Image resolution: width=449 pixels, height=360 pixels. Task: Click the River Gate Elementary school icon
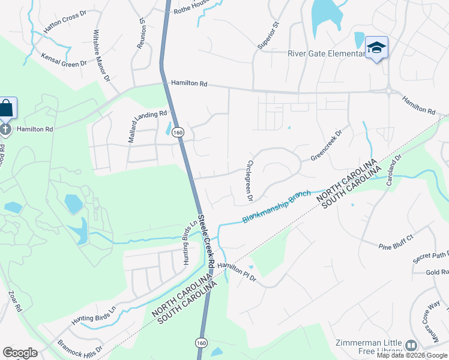pyautogui.click(x=376, y=47)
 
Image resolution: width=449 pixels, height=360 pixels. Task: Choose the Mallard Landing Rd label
pyautogui.click(x=146, y=126)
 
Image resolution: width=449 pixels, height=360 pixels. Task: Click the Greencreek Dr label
pyautogui.click(x=325, y=145)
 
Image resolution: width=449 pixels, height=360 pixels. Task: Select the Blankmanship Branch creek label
pyautogui.click(x=277, y=208)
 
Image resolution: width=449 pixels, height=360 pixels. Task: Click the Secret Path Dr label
pyautogui.click(x=431, y=256)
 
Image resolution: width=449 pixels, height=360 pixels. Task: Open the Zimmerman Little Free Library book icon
pyautogui.click(x=411, y=345)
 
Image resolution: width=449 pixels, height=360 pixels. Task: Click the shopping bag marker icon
pyautogui.click(x=7, y=109)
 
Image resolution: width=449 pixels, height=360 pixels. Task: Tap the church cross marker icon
pyautogui.click(x=5, y=128)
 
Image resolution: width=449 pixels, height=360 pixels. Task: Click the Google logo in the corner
pyautogui.click(x=20, y=352)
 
